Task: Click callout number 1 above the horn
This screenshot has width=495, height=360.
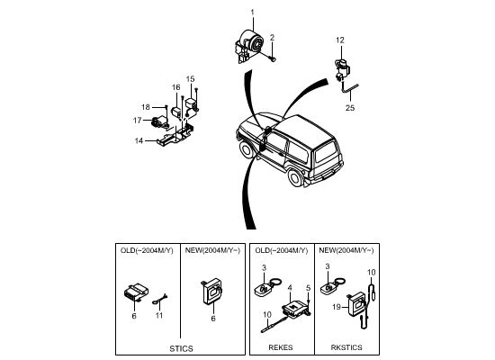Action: pyautogui.click(x=252, y=13)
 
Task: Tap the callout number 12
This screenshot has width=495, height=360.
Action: pyautogui.click(x=340, y=40)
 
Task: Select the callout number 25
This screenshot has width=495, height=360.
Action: pyautogui.click(x=350, y=108)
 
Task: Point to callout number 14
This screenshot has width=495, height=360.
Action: pyautogui.click(x=139, y=140)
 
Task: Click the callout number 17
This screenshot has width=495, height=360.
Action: pyautogui.click(x=138, y=121)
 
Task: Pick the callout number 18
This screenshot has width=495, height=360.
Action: pyautogui.click(x=146, y=107)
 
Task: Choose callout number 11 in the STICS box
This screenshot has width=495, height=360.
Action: pyautogui.click(x=159, y=316)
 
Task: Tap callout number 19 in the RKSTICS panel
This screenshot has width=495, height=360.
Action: pyautogui.click(x=337, y=307)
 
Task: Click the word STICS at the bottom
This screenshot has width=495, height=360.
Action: pyautogui.click(x=181, y=348)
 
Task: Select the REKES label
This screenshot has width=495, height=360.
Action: pyautogui.click(x=280, y=347)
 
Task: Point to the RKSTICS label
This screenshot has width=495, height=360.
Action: pyautogui.click(x=346, y=347)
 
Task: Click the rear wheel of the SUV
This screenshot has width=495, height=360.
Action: pyautogui.click(x=296, y=178)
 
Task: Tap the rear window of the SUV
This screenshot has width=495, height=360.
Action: pyautogui.click(x=326, y=151)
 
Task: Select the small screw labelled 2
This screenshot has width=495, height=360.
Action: pyautogui.click(x=272, y=58)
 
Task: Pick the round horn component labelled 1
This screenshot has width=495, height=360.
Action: pyautogui.click(x=249, y=47)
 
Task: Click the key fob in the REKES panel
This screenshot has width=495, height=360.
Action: pyautogui.click(x=266, y=286)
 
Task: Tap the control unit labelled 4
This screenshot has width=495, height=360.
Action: pyautogui.click(x=294, y=308)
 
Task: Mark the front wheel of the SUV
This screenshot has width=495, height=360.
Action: pyautogui.click(x=247, y=149)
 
